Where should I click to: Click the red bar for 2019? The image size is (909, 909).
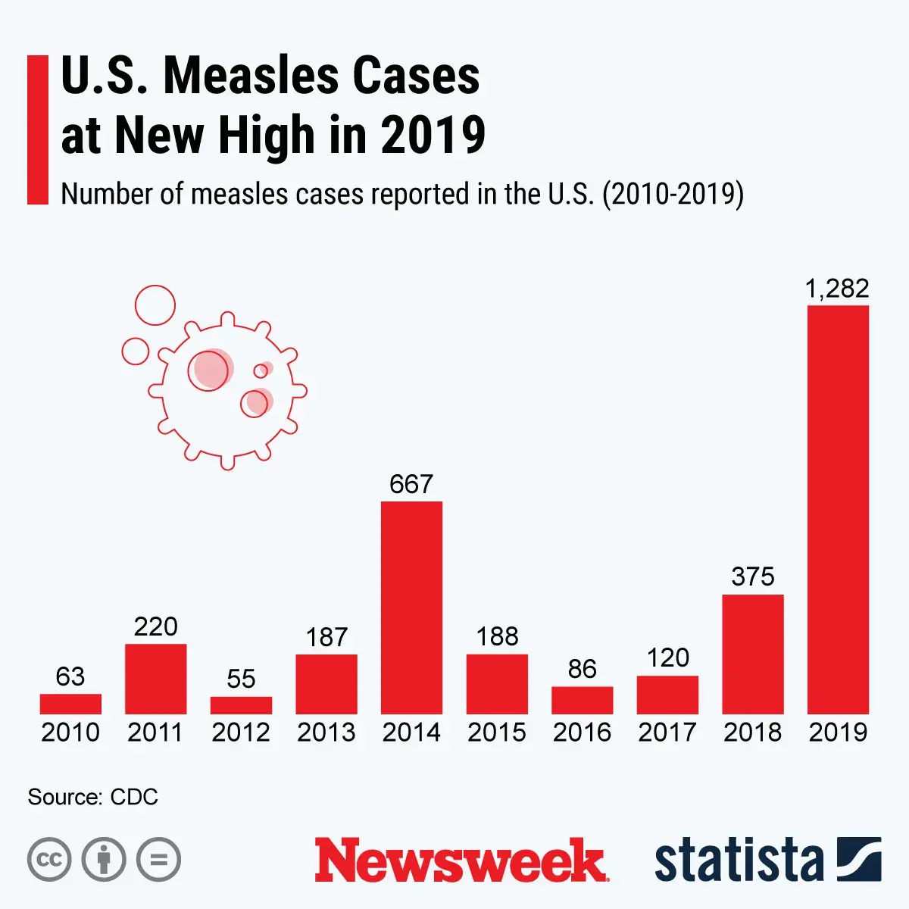click(x=838, y=509)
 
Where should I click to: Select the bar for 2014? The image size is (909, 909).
click(x=411, y=608)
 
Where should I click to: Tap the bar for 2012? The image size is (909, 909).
click(x=241, y=705)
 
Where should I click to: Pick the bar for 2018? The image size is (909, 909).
click(x=753, y=654)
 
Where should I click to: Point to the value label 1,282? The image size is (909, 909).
click(x=837, y=289)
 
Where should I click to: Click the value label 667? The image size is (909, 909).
click(x=411, y=484)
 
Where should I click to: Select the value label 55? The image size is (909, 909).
click(x=241, y=679)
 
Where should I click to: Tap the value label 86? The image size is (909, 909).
click(x=582, y=669)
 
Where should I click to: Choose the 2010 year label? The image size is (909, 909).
click(x=70, y=733)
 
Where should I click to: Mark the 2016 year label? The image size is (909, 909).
click(x=582, y=733)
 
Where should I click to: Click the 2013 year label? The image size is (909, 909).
click(x=326, y=733)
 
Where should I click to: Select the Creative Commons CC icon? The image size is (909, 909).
click(x=49, y=860)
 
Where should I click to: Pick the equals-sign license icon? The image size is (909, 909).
click(x=158, y=860)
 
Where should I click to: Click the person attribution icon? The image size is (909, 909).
click(x=104, y=860)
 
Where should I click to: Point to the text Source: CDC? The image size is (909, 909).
click(x=92, y=797)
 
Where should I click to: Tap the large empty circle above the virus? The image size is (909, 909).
click(x=155, y=305)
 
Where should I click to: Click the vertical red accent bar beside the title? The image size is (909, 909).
click(x=37, y=130)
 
